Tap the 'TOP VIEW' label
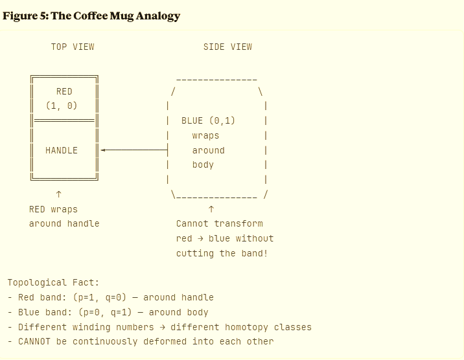click(73, 47)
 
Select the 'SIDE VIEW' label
click(227, 47)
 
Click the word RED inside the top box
click(64, 92)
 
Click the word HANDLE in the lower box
click(62, 150)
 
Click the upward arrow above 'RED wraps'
click(59, 194)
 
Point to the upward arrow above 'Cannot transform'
click(211, 209)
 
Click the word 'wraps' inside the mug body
click(205, 136)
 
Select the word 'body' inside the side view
click(203, 165)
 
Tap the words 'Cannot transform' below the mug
click(220, 224)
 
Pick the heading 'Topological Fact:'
click(53, 282)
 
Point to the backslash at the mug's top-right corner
click(260, 92)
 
